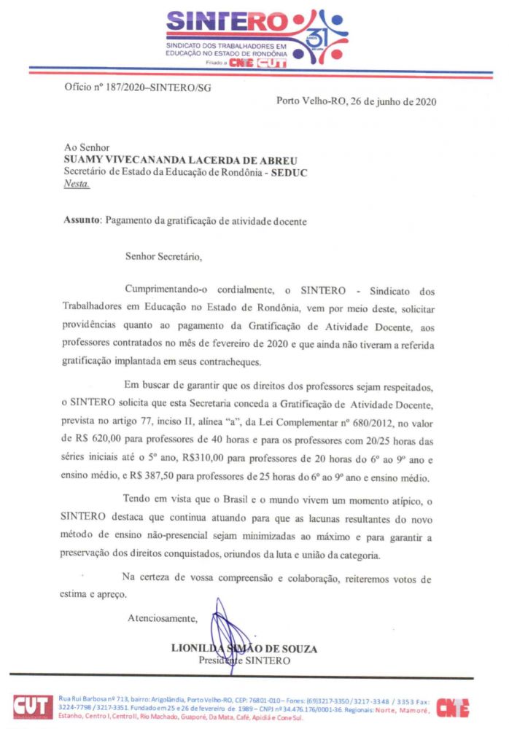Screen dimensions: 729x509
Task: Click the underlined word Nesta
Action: [x=78, y=184]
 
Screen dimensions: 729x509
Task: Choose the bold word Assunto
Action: [x=82, y=219]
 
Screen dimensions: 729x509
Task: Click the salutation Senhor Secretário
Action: [x=163, y=256]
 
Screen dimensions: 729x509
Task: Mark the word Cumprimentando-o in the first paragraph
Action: [x=171, y=290]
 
